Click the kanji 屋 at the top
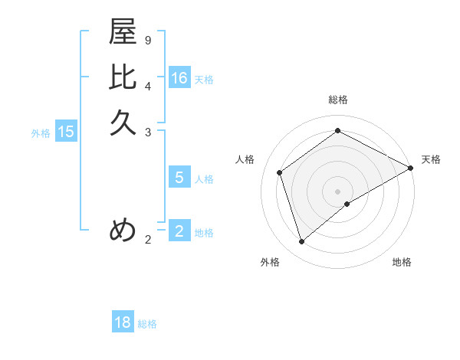click(123, 32)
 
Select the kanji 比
click(123, 77)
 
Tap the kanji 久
click(123, 122)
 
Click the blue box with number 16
click(179, 78)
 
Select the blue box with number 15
click(66, 132)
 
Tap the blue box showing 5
click(179, 178)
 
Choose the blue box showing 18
click(123, 322)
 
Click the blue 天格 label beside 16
click(204, 79)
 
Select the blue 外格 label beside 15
click(41, 133)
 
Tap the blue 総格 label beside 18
click(147, 323)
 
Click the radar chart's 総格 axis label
click(338, 100)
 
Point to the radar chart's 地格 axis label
click(402, 262)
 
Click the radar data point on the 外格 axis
click(302, 242)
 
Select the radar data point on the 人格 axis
click(280, 172)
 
